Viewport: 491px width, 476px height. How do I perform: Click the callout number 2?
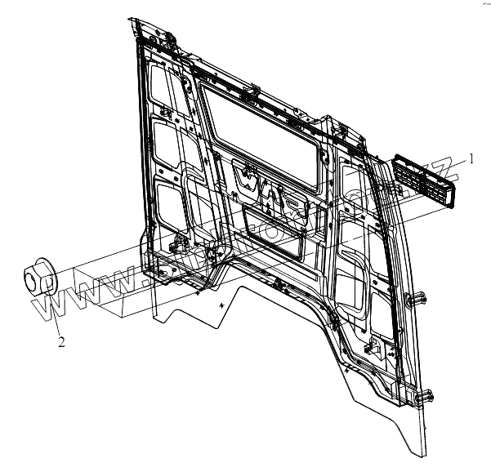[60, 342]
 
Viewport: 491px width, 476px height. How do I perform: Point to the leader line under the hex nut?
[56, 319]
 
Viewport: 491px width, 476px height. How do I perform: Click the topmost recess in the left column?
[164, 87]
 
